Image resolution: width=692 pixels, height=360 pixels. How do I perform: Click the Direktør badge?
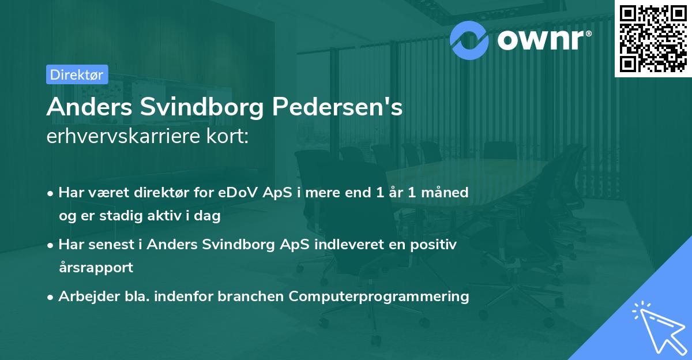76,74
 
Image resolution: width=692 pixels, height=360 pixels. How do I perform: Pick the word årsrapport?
96,268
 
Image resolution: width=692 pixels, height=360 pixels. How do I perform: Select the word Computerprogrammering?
379,297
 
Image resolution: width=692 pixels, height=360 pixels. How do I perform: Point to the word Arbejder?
84,297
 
